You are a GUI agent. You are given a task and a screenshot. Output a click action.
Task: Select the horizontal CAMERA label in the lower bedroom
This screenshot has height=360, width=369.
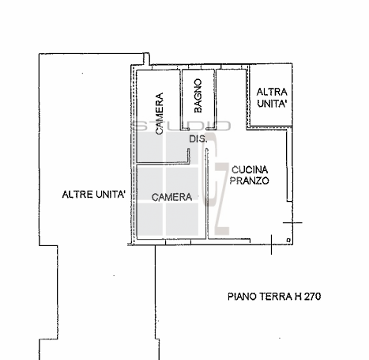click(x=172, y=196)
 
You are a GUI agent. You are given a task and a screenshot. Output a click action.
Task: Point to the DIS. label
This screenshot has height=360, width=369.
click(x=198, y=140)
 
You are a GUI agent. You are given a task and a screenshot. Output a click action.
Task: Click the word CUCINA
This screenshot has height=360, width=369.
click(x=250, y=169)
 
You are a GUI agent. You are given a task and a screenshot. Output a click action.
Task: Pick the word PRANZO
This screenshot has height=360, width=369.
click(x=250, y=180)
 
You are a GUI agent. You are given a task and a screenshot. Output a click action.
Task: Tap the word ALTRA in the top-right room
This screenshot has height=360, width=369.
click(x=271, y=93)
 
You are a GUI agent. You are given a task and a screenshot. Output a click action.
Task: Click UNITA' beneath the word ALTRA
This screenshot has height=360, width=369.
click(x=271, y=104)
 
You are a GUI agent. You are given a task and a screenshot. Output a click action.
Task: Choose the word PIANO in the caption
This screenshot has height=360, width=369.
click(x=241, y=297)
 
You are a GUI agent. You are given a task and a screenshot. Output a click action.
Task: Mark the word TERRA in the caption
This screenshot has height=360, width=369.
click(x=273, y=297)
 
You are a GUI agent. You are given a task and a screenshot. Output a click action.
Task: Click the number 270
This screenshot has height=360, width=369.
click(x=311, y=297)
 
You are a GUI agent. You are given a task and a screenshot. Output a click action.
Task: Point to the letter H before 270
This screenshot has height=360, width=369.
click(x=296, y=297)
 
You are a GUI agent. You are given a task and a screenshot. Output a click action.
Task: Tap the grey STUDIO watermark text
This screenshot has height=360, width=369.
click(x=184, y=125)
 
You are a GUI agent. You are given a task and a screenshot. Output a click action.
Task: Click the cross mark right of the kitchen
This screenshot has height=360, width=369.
click(x=292, y=225)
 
